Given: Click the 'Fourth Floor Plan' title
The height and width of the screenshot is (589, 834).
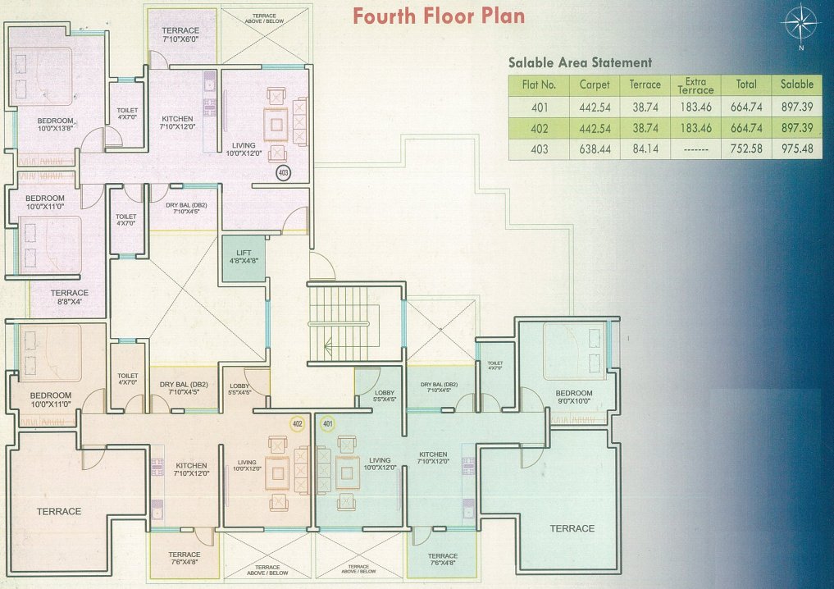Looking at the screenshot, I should (439, 16).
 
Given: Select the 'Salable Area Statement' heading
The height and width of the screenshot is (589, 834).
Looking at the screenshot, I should (580, 62).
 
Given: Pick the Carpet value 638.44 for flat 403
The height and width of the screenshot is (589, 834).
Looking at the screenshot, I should (595, 149).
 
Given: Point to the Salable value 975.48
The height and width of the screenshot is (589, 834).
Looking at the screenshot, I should (796, 149).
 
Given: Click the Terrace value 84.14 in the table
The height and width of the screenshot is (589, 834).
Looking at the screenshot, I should (645, 149).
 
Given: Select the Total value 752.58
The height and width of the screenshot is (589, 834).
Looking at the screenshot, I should (746, 149).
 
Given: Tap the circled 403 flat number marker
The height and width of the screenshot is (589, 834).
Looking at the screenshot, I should (284, 173).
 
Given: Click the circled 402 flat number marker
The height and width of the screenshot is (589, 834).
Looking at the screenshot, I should (298, 423).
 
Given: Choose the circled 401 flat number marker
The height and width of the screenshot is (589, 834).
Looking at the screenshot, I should (327, 423).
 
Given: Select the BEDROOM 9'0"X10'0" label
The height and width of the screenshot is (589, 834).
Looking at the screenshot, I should (573, 397).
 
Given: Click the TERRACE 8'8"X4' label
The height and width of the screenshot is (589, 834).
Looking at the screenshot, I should (69, 297).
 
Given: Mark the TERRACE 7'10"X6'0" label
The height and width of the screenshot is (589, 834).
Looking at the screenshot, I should (180, 35).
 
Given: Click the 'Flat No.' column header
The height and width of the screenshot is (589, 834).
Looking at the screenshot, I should (539, 84).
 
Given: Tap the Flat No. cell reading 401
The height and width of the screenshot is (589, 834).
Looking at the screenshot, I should (539, 107).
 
